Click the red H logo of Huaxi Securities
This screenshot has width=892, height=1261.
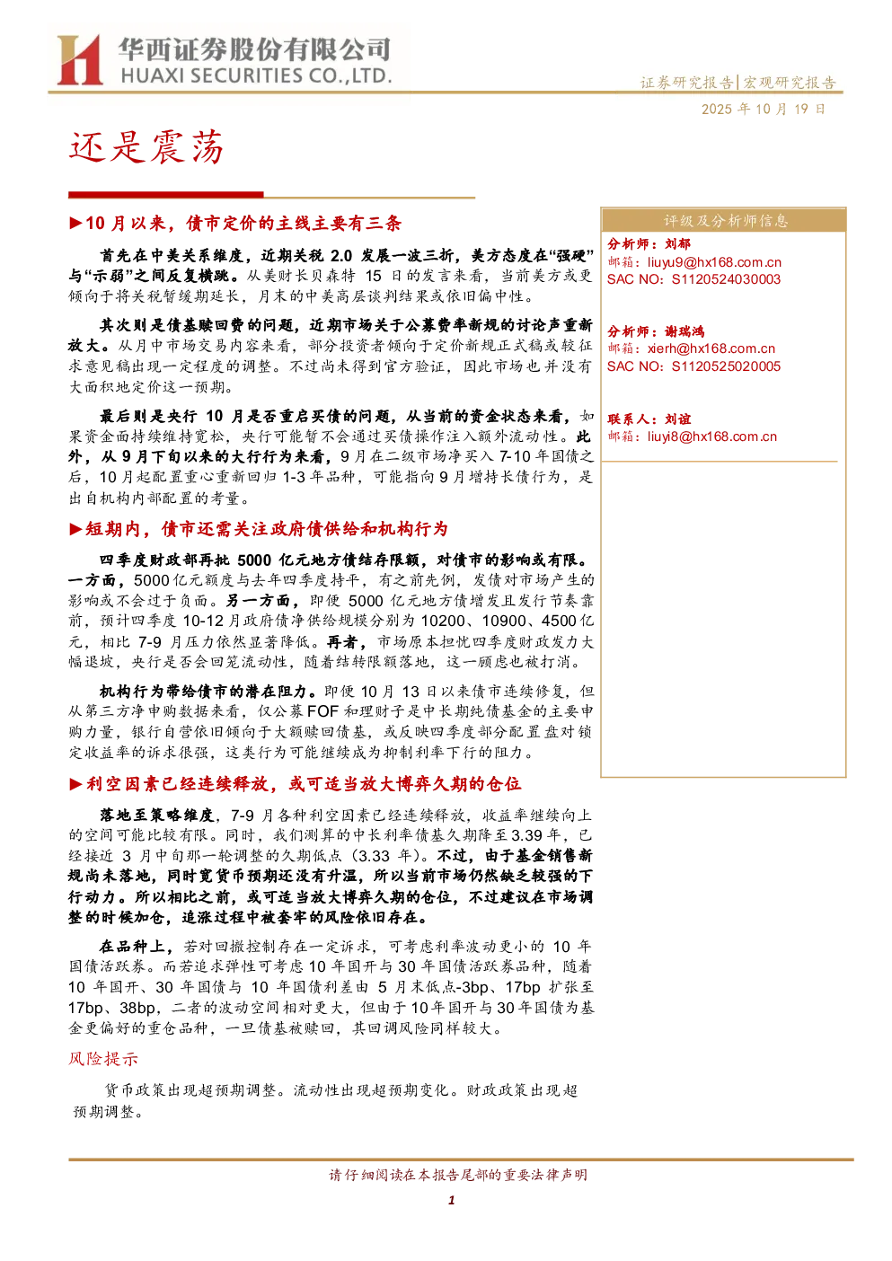[80, 59]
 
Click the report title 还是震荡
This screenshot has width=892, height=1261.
[146, 147]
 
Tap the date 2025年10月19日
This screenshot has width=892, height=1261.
[763, 109]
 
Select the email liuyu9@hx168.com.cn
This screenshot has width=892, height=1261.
[714, 261]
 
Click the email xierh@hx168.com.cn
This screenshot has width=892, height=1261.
[711, 348]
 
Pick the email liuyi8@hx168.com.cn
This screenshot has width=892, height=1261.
[711, 436]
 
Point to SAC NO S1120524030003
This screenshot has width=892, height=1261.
[693, 279]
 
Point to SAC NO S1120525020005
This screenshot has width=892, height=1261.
[693, 366]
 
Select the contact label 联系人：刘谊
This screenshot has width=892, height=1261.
[649, 419]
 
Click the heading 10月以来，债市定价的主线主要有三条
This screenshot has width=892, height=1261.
[243, 224]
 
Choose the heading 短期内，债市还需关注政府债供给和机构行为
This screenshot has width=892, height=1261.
[267, 529]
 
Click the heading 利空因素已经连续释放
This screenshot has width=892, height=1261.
[177, 783]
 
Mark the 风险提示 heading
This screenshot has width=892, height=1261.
[103, 1059]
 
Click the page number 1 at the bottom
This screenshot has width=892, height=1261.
[451, 1200]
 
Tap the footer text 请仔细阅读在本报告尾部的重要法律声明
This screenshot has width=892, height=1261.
[458, 1175]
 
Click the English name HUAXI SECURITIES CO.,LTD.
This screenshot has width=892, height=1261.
[256, 75]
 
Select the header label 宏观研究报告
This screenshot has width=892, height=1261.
[789, 83]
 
